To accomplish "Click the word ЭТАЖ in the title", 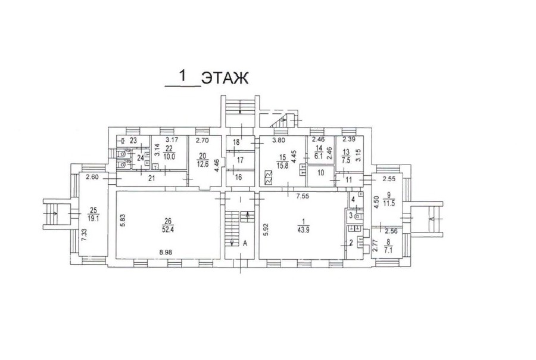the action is (225, 78).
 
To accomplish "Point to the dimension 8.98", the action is (166, 252).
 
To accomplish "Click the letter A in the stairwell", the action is (245, 243).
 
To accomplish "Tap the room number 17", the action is (240, 160).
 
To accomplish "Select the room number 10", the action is (320, 173).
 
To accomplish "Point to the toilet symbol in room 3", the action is (358, 216).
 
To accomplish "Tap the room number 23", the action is (133, 140).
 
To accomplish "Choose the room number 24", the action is (141, 158).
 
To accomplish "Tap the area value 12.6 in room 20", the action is (202, 162).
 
